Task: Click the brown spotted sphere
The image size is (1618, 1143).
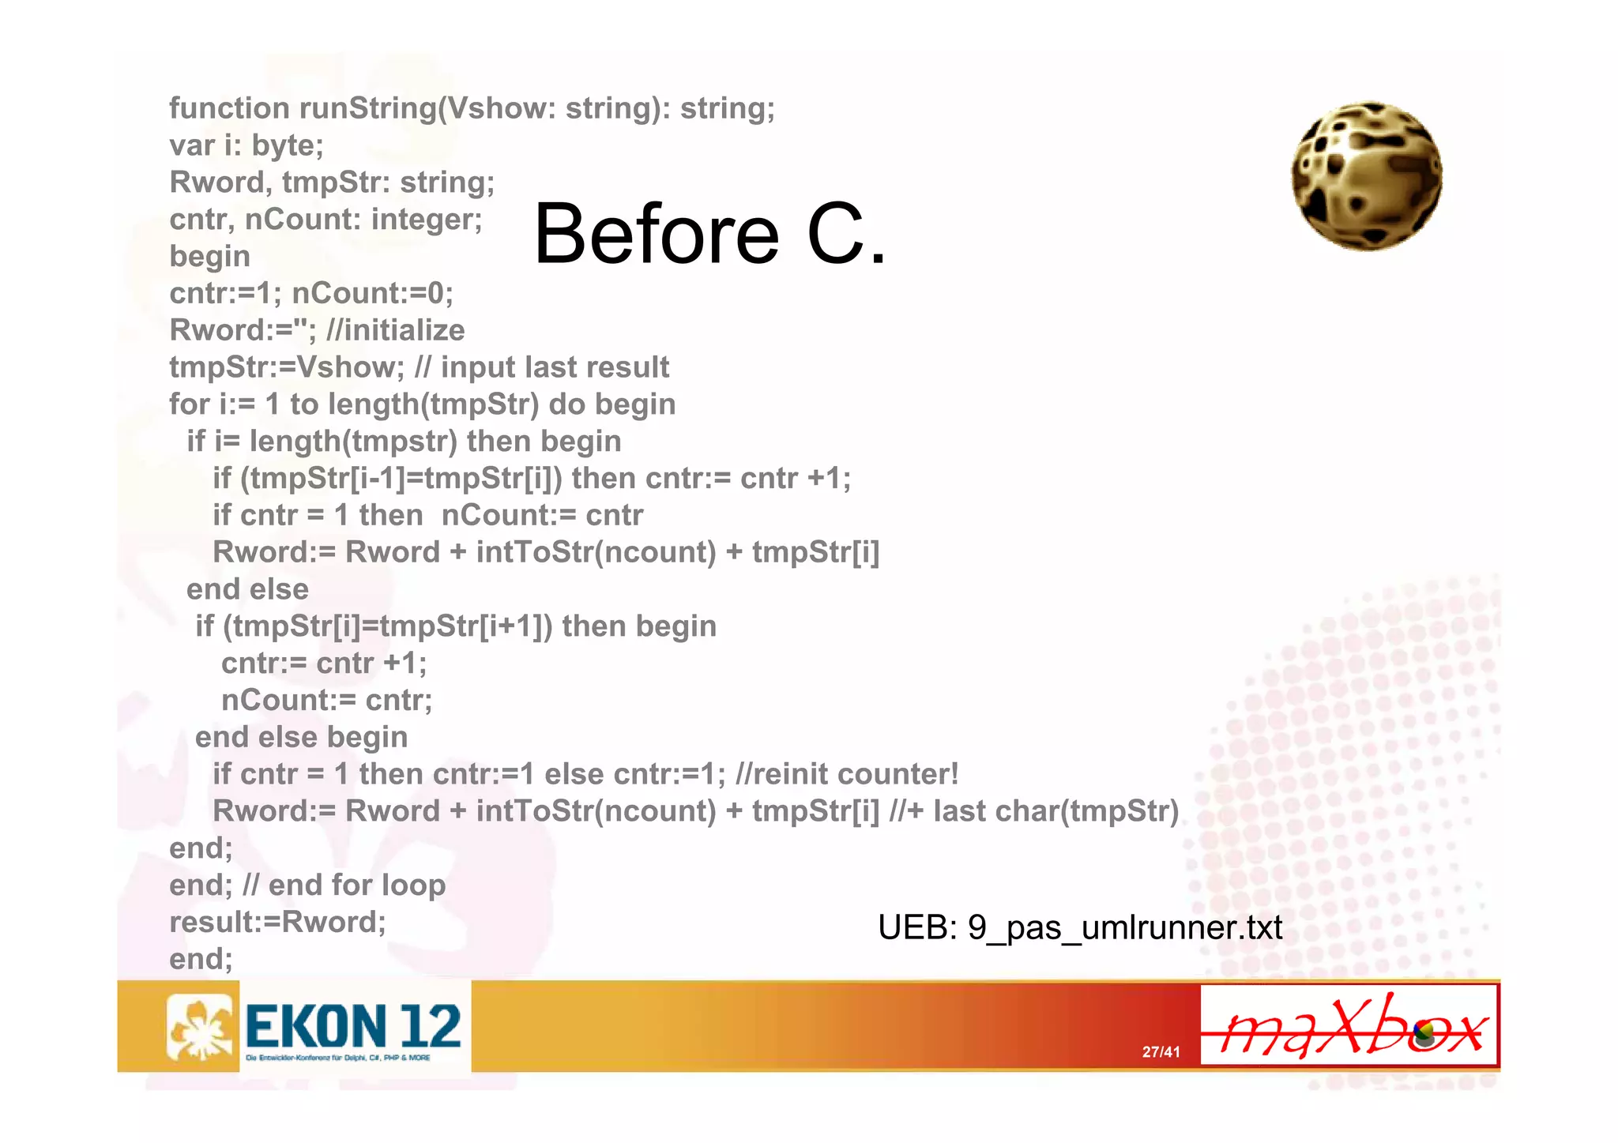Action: click(1367, 175)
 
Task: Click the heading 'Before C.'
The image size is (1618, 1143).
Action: click(709, 234)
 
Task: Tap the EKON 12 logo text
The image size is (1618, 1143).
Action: click(353, 1026)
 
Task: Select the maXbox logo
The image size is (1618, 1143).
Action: click(1349, 1026)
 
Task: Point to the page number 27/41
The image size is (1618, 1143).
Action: click(1161, 1051)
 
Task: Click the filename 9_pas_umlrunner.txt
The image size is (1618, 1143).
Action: click(1124, 927)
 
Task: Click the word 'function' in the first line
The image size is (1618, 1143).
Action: click(229, 108)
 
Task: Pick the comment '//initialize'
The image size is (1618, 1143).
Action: click(395, 330)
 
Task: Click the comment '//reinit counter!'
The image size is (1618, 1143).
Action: click(846, 774)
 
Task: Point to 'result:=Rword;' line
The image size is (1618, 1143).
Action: click(277, 922)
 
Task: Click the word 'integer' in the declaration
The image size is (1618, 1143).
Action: click(426, 219)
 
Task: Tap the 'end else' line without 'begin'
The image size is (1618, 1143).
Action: click(247, 589)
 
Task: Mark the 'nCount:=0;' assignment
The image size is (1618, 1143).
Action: click(372, 293)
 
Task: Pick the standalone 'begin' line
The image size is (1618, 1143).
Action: click(209, 256)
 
